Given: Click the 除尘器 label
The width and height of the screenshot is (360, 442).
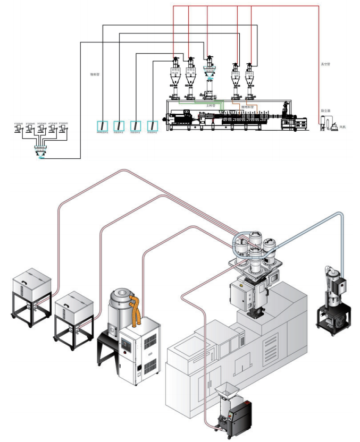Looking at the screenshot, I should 325,111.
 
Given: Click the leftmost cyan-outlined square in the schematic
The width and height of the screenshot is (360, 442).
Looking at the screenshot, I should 101,126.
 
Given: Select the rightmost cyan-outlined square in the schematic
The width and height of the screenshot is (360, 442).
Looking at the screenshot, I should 153,126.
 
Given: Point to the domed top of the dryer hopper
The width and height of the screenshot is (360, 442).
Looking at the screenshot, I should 119,296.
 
